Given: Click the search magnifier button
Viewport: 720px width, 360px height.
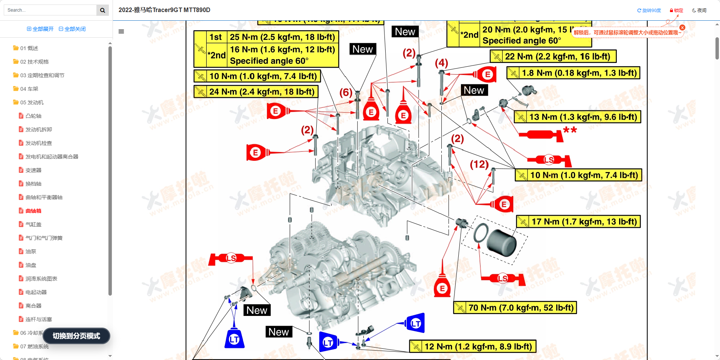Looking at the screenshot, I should (102, 10).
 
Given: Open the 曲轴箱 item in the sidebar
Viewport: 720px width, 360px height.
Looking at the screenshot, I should (33, 211).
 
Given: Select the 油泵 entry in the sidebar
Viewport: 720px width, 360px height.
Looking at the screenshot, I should (31, 252).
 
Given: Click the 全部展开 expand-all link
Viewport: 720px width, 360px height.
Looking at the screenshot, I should (40, 29).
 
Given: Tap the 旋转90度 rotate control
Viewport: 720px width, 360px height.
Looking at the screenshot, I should (649, 11).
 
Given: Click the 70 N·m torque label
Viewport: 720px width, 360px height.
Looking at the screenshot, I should (515, 308).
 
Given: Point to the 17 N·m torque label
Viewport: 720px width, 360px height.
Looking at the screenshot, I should (578, 222).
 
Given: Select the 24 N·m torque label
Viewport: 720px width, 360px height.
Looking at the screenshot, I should (256, 92).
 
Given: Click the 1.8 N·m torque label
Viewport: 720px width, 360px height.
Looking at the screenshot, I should (574, 73).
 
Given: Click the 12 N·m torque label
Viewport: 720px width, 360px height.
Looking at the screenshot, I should (473, 346).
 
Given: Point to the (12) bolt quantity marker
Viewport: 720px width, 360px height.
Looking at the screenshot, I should (479, 164).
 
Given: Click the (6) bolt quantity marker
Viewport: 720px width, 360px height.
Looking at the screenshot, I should (346, 92).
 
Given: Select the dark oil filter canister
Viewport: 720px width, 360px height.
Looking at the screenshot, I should (502, 243).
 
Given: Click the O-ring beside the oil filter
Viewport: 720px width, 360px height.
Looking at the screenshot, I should (481, 233).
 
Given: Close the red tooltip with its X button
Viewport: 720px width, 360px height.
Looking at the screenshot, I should (682, 27).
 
